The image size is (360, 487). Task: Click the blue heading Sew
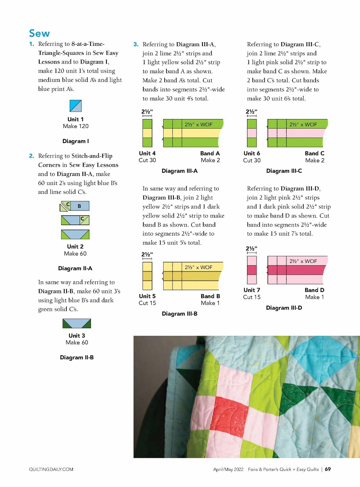coord(39,34)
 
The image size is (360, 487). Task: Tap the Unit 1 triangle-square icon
coord(75,106)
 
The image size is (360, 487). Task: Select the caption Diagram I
coord(75,141)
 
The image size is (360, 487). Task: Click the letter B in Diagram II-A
coord(79,206)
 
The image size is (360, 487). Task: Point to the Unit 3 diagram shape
coord(77,323)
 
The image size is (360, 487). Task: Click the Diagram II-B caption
coord(77,357)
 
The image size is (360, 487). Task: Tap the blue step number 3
coord(136,44)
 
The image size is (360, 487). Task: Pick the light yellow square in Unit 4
coord(147,133)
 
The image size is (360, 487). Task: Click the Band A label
coord(210,153)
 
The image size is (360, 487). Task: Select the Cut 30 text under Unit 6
coord(252,160)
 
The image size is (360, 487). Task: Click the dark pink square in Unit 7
coord(252,270)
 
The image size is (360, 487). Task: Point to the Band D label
coord(314,290)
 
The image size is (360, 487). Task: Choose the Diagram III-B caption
coord(179,314)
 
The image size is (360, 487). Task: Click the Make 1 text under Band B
coord(210,303)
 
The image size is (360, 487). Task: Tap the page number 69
coord(328,469)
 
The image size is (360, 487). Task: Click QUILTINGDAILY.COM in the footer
coord(51,469)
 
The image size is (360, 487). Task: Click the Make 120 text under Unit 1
coord(75,126)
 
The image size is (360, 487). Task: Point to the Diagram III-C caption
coord(284,171)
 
